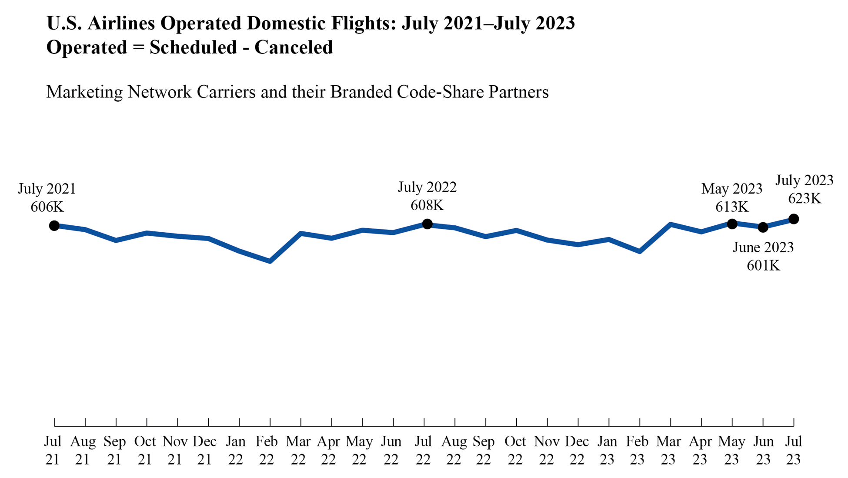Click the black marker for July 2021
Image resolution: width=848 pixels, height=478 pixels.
coord(54,226)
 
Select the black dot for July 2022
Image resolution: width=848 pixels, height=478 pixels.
coord(427,224)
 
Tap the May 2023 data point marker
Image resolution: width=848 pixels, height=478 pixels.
coord(732,224)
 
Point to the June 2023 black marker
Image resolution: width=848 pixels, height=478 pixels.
coord(763,227)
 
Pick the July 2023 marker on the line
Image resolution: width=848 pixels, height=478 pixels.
coord(794,219)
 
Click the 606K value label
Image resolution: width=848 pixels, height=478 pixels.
coord(47,207)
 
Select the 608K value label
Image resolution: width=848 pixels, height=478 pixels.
coord(427,205)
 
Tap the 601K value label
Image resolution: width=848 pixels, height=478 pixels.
coord(763,265)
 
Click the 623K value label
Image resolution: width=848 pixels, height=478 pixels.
coord(805,199)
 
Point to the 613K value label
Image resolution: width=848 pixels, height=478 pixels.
coord(732,207)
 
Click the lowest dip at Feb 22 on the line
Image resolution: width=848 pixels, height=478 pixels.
coord(270,261)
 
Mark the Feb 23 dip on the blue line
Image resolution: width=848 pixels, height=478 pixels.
coord(640,251)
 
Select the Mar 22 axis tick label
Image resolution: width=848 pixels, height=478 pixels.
coord(298,450)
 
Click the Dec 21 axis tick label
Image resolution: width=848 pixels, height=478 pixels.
coord(204,450)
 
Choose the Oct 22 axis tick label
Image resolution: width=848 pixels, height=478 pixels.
coord(515,450)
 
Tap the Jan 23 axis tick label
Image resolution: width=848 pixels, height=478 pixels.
coord(607,450)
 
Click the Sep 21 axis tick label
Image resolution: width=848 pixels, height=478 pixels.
coord(114,450)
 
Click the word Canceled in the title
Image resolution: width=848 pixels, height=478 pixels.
coord(294,47)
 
